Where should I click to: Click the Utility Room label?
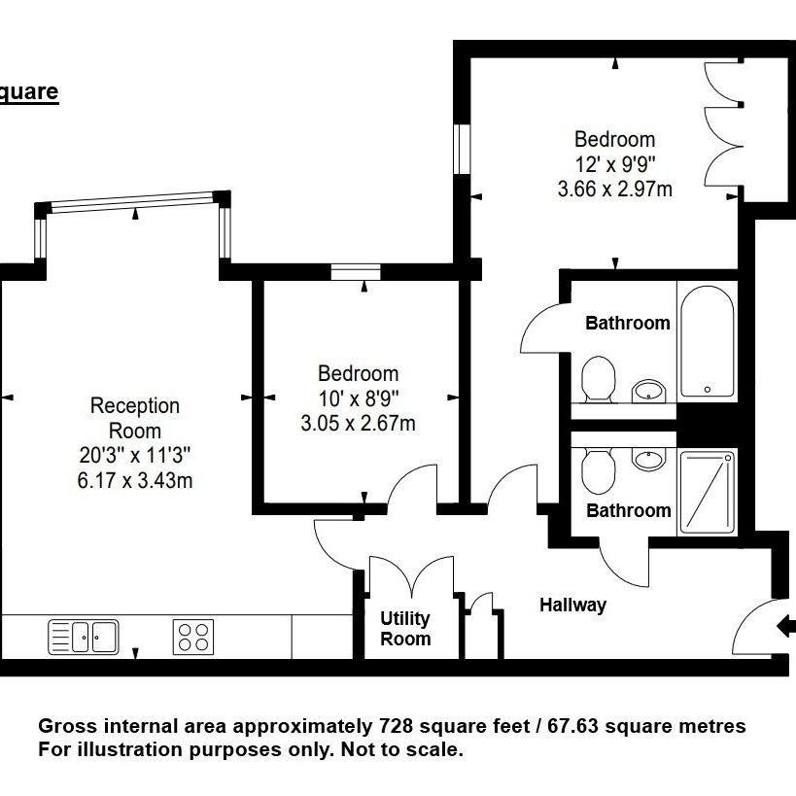(x=405, y=629)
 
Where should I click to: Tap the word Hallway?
(x=572, y=606)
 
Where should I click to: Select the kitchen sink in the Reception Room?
(x=84, y=637)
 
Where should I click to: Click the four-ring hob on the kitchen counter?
(x=193, y=637)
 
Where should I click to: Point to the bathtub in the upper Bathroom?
(x=708, y=341)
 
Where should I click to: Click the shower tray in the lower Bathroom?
(x=708, y=493)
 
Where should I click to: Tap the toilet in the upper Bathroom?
(x=598, y=379)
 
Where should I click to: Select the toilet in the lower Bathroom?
(x=598, y=470)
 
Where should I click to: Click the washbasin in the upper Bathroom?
(x=648, y=391)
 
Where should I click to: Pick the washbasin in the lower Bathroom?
(x=648, y=459)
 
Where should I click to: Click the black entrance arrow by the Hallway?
(x=786, y=626)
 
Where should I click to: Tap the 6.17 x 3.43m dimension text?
(x=135, y=480)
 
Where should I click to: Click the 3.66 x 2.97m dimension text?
(x=615, y=189)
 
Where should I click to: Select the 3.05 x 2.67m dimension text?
(x=358, y=423)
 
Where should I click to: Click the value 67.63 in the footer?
(x=573, y=726)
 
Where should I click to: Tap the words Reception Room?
(x=135, y=418)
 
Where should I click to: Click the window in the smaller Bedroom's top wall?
(x=356, y=271)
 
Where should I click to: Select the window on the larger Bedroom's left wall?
(x=462, y=149)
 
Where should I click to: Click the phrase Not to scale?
(x=402, y=749)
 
